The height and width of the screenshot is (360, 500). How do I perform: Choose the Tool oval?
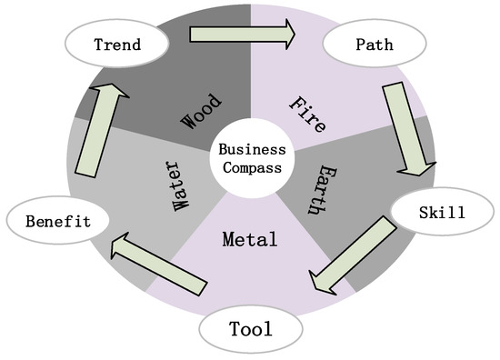(251, 328)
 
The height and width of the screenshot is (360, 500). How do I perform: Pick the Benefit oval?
(57, 219)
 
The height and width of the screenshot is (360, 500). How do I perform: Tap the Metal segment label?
(249, 240)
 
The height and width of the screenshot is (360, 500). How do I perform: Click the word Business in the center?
(252, 149)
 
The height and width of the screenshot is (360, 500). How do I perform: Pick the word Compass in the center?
(252, 167)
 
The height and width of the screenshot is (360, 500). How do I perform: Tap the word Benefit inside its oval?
(57, 219)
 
